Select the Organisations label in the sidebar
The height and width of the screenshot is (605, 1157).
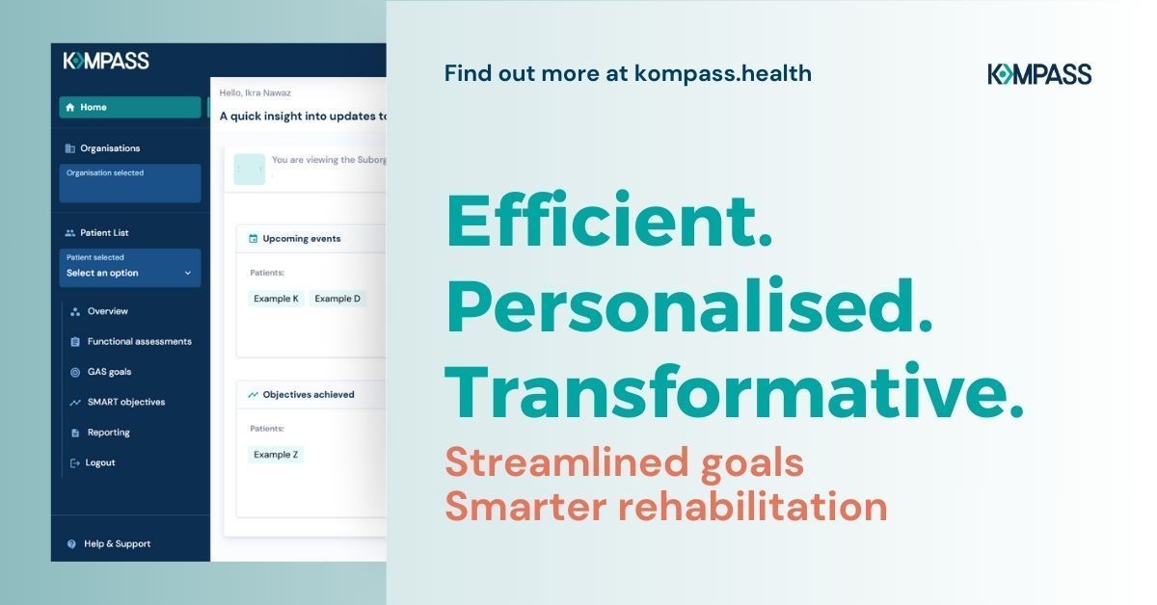coord(109,148)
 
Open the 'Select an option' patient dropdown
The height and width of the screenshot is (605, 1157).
coord(129,273)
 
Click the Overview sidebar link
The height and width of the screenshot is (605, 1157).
coord(107,311)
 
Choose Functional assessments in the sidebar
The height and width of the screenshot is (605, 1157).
coord(139,341)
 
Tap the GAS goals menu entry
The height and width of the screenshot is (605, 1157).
coord(109,372)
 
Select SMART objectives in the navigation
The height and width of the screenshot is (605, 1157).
coord(125,402)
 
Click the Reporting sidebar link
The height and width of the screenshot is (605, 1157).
coord(108,433)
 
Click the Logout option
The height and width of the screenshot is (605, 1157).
coord(99,462)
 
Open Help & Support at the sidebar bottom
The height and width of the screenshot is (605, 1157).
coord(117,543)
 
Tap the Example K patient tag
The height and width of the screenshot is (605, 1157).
coord(276,299)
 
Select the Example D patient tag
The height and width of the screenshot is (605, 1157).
coord(337,299)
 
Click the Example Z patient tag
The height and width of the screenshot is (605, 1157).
coord(276,455)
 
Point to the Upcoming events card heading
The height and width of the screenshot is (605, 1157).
coord(301,238)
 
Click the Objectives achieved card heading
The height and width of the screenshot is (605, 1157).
coord(308,394)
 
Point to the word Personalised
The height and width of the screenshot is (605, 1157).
coord(688,307)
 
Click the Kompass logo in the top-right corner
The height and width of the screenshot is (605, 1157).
coord(1039,74)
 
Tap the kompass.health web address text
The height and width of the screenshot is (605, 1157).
coord(722,73)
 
